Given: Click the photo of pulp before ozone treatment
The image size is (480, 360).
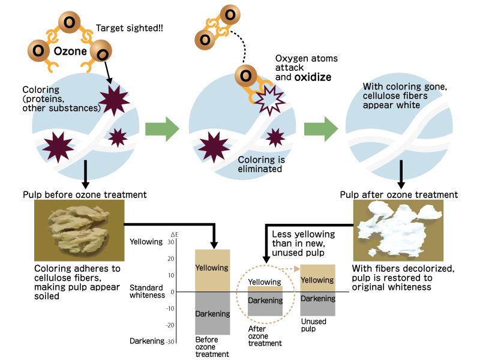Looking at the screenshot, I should tap(79, 230).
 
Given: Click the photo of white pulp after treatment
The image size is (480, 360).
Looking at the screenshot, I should tap(398, 230).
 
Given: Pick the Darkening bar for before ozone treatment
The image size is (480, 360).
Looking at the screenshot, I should tap(212, 313).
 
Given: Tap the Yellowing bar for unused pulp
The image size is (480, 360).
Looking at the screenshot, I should tap(317, 278).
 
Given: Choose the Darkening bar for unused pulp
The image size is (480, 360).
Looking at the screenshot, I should tap(317, 304).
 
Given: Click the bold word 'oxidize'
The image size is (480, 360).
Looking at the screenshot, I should tap(313, 77).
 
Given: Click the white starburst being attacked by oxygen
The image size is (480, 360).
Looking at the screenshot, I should tap(268, 100).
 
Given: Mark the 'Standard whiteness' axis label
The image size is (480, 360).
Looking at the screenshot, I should tap(147, 292).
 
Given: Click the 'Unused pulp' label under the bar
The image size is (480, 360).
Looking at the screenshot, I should tap(313, 325).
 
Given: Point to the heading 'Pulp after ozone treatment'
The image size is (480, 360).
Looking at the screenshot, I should tap(399, 194).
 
